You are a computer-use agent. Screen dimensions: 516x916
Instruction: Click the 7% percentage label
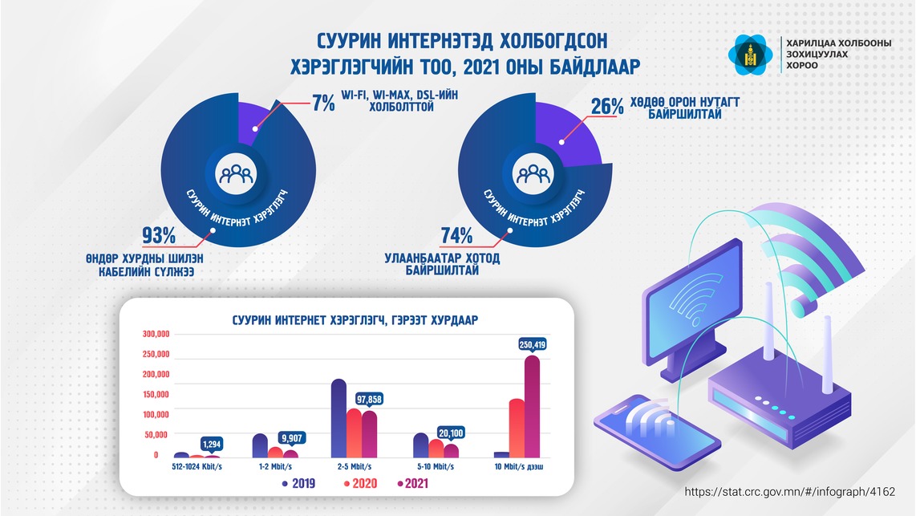(x=323, y=104)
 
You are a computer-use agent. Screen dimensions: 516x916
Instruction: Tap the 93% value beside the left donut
(x=158, y=236)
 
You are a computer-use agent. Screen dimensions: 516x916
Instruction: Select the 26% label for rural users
(x=607, y=107)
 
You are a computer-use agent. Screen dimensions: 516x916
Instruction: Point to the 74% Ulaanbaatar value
(x=456, y=236)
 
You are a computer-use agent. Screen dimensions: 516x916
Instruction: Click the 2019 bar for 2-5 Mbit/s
(x=338, y=418)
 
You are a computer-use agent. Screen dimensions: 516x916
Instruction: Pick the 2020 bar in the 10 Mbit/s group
(x=517, y=428)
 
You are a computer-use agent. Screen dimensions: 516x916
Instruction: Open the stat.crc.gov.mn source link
(x=788, y=491)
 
